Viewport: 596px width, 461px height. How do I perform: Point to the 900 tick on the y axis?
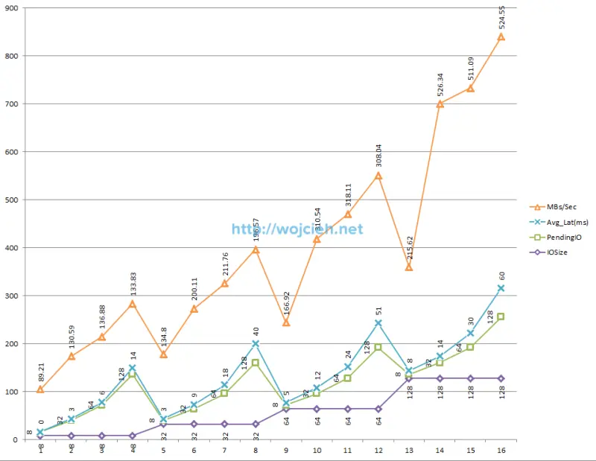tap(13, 8)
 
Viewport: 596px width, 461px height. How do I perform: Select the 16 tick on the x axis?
tap(501, 451)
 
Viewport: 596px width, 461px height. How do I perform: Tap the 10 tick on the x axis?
tap(317, 451)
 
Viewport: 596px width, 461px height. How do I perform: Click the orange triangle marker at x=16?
tap(501, 36)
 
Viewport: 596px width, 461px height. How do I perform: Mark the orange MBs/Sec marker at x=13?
tap(408, 267)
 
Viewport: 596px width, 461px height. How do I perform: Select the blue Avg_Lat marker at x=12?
tap(378, 322)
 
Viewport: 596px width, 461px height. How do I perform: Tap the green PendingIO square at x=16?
tap(501, 317)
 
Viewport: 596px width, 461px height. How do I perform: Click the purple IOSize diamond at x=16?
tap(501, 378)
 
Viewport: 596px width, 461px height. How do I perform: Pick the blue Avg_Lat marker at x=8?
tap(256, 343)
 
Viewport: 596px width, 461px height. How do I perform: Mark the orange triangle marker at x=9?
tap(286, 322)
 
